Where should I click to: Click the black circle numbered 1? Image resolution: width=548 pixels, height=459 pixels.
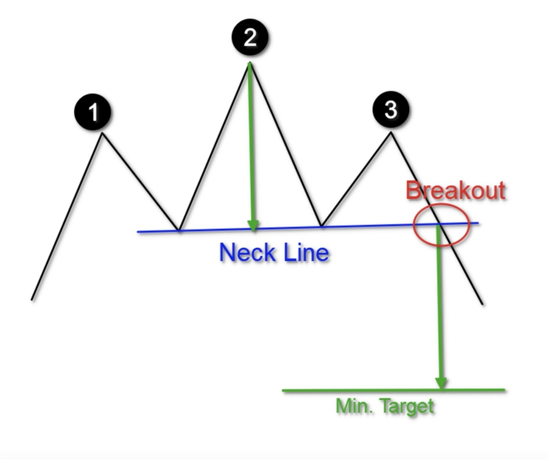93,113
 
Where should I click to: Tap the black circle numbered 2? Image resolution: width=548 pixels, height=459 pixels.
250,38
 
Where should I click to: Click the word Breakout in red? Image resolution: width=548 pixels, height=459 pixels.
455,191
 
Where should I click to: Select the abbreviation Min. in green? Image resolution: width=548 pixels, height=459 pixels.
353,406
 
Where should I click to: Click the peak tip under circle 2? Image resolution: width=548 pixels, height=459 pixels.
249,63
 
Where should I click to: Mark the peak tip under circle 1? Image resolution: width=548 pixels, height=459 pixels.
103,133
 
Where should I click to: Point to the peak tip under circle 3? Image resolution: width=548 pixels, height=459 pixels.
391,133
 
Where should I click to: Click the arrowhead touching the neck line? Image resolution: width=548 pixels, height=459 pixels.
253,226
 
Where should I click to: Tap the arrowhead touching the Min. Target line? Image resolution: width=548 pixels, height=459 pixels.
441,384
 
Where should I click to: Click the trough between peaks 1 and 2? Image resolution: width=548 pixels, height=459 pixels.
178,230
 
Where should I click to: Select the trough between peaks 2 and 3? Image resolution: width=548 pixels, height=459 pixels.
321,227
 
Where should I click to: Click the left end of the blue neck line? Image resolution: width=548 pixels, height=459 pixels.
138,231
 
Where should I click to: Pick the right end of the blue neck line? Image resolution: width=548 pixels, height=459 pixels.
479,223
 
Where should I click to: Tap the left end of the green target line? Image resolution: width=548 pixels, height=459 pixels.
284,391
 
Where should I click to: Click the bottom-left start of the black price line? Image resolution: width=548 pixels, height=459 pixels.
32,299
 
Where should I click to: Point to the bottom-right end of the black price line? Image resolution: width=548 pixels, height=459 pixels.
482,304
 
